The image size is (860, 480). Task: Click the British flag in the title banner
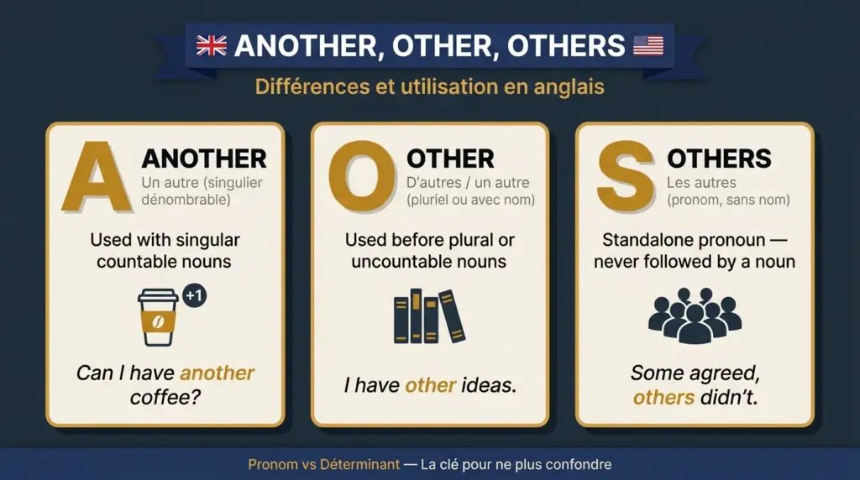212,45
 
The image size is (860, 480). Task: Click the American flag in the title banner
648,45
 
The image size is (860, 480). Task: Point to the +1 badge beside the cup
195,297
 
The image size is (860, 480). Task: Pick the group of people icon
695,316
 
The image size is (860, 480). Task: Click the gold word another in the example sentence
218,373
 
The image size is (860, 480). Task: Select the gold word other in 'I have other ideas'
430,385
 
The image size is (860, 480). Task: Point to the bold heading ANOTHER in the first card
204,158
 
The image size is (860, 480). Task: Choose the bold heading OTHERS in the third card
719,158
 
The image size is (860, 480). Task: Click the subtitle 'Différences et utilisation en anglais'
429,86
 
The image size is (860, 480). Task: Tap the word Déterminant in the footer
349,464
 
